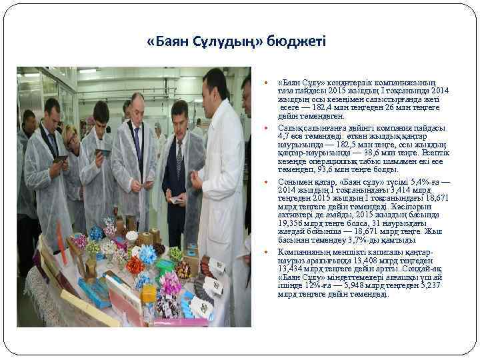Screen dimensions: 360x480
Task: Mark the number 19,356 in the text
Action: (291, 224)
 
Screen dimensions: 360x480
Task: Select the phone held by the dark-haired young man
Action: (103, 153)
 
